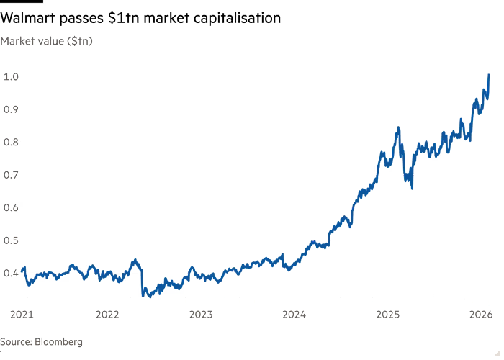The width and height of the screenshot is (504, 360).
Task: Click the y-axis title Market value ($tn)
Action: click(x=47, y=41)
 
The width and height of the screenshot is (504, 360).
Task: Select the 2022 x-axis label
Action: click(x=107, y=315)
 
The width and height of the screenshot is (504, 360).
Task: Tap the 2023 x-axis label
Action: click(x=201, y=315)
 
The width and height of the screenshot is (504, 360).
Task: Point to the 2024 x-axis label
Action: click(x=294, y=315)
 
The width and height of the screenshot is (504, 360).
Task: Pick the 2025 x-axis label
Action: click(x=387, y=315)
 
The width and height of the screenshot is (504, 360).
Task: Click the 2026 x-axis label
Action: click(x=480, y=315)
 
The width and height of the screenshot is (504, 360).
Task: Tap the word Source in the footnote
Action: click(x=14, y=341)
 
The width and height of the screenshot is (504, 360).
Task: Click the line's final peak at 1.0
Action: click(x=489, y=75)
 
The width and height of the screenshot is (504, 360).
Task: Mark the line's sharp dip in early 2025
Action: click(x=412, y=188)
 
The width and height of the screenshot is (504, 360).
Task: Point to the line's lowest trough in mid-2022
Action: click(x=147, y=295)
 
